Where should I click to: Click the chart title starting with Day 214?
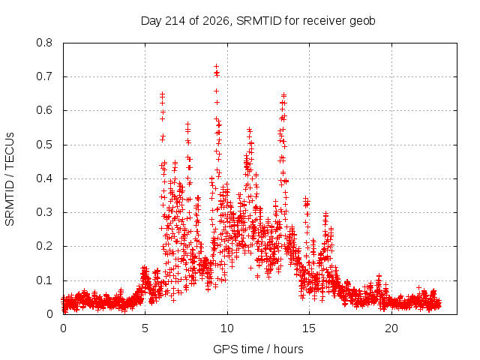click(x=258, y=21)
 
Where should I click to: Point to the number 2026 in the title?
click(x=216, y=21)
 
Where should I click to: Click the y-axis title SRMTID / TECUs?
click(x=10, y=179)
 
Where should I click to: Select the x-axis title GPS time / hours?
click(x=258, y=349)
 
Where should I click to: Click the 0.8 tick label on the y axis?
click(x=44, y=43)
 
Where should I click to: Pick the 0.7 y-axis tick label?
click(x=44, y=76)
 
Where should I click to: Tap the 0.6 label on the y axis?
click(x=44, y=111)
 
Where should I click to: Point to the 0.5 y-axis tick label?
click(x=44, y=145)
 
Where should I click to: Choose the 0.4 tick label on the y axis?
click(x=44, y=178)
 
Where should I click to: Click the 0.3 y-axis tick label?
click(x=44, y=212)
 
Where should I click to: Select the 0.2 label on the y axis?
click(x=44, y=247)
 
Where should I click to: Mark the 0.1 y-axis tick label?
click(x=44, y=280)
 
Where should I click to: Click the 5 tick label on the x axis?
click(x=145, y=328)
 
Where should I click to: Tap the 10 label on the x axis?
click(x=227, y=328)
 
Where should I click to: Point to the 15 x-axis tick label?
click(x=309, y=328)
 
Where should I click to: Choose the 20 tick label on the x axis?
click(x=391, y=328)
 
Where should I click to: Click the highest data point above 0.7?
click(x=216, y=67)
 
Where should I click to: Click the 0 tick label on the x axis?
click(x=63, y=328)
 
